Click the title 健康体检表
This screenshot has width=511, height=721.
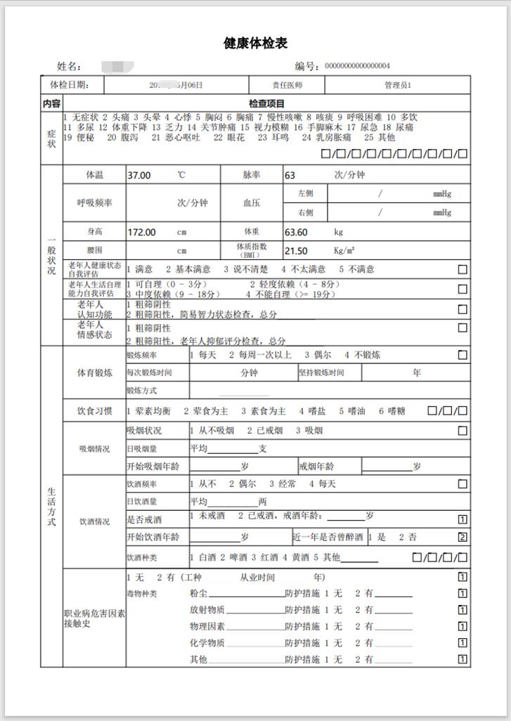[x=255, y=44]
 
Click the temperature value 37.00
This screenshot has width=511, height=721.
[x=138, y=175]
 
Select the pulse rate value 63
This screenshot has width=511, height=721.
[x=290, y=175]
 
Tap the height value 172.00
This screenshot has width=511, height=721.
[x=141, y=231]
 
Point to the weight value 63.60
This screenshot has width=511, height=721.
[x=295, y=231]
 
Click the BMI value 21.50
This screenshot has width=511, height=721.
[x=295, y=251]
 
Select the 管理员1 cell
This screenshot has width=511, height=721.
[x=398, y=85]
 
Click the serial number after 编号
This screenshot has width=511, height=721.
[x=357, y=67]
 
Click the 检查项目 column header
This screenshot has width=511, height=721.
[x=266, y=103]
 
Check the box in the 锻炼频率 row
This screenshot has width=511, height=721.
[x=463, y=356]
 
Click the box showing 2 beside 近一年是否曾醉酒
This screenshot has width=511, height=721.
[x=463, y=538]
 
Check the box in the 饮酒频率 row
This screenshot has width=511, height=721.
[x=463, y=484]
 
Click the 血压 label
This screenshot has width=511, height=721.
[x=252, y=203]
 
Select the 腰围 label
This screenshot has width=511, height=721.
[x=94, y=250]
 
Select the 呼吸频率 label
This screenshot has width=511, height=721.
[x=94, y=203]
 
